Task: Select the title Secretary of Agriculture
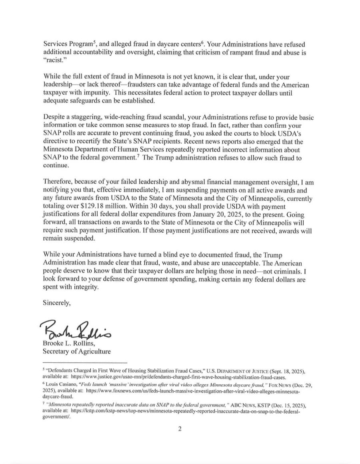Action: [x=77, y=352]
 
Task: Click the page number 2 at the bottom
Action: [x=180, y=429]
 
